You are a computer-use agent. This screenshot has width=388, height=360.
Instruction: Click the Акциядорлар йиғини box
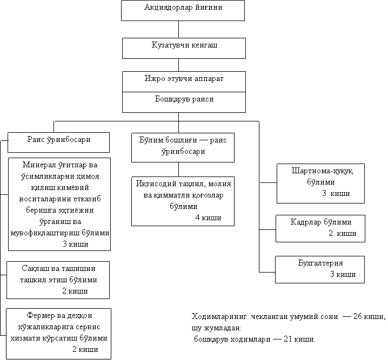point(183,10)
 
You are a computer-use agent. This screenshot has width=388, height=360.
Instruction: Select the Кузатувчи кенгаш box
point(184,47)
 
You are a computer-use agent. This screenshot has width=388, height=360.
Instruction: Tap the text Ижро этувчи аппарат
point(184,79)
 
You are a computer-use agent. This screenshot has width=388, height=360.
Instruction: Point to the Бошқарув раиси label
point(184,100)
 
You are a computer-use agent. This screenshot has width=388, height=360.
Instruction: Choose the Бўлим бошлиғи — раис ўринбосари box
point(183,146)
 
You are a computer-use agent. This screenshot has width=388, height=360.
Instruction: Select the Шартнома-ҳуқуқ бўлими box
point(320,183)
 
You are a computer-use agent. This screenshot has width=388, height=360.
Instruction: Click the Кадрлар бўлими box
point(320,227)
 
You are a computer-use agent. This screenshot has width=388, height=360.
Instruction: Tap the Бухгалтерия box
point(320,269)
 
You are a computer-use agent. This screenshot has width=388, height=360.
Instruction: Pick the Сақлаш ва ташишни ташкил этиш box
point(58,280)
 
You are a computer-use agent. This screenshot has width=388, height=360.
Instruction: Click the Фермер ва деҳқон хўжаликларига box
point(58,333)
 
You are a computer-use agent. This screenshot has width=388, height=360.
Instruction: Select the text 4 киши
point(208,218)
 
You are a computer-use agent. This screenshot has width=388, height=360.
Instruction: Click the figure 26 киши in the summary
point(369,317)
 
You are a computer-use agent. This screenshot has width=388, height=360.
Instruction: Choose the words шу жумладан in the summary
point(216,328)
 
